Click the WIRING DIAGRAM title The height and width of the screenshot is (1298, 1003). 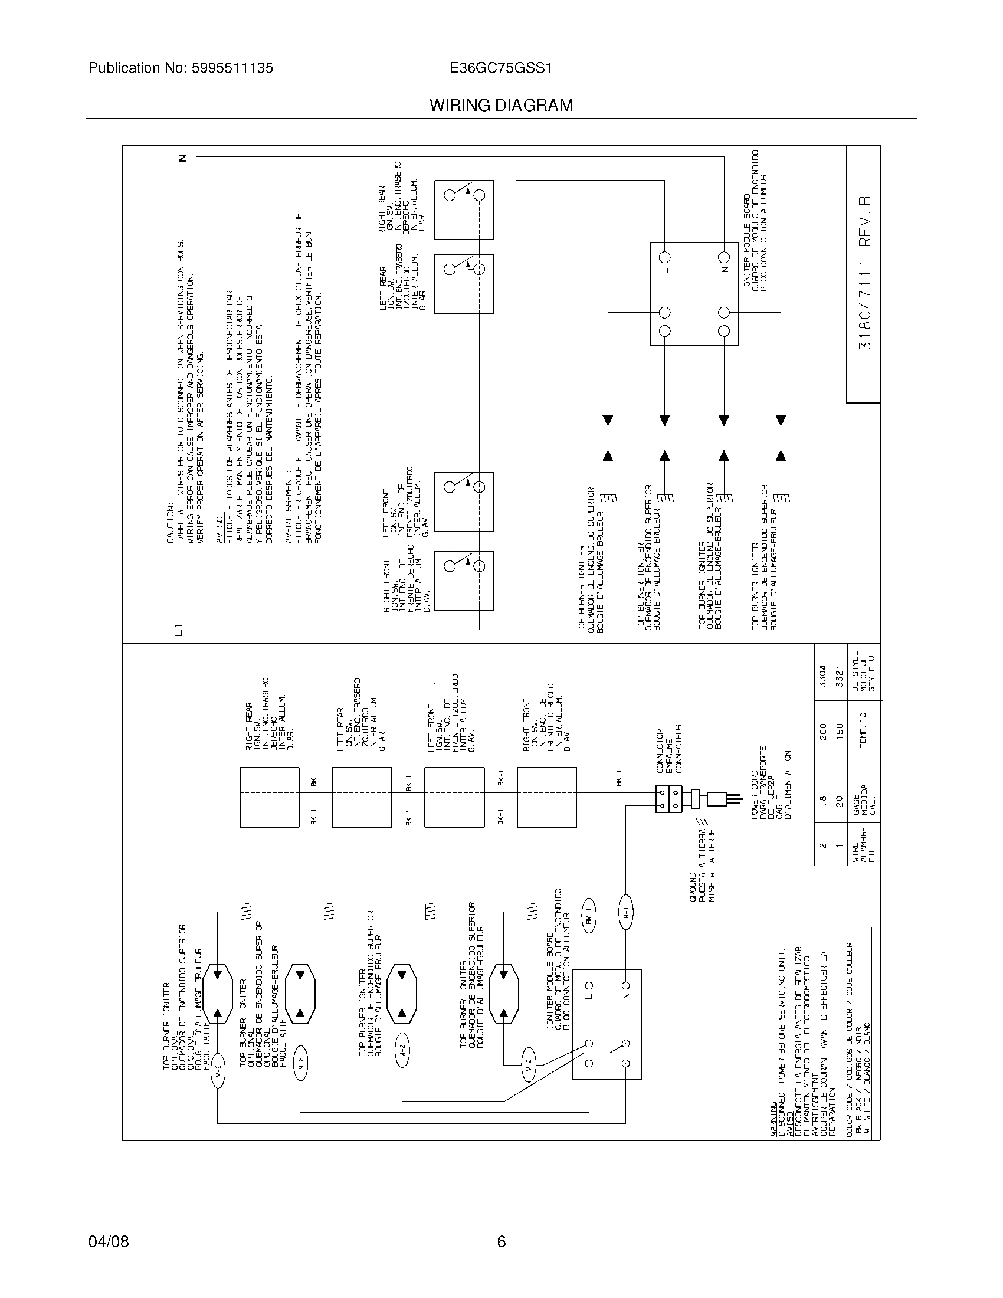tap(501, 106)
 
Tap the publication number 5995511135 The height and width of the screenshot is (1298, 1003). tap(232, 68)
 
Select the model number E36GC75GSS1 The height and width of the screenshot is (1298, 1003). tap(501, 68)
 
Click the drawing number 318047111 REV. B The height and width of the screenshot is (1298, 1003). tap(864, 273)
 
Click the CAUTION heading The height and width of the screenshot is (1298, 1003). tap(171, 522)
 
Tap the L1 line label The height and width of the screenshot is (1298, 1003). tap(179, 630)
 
